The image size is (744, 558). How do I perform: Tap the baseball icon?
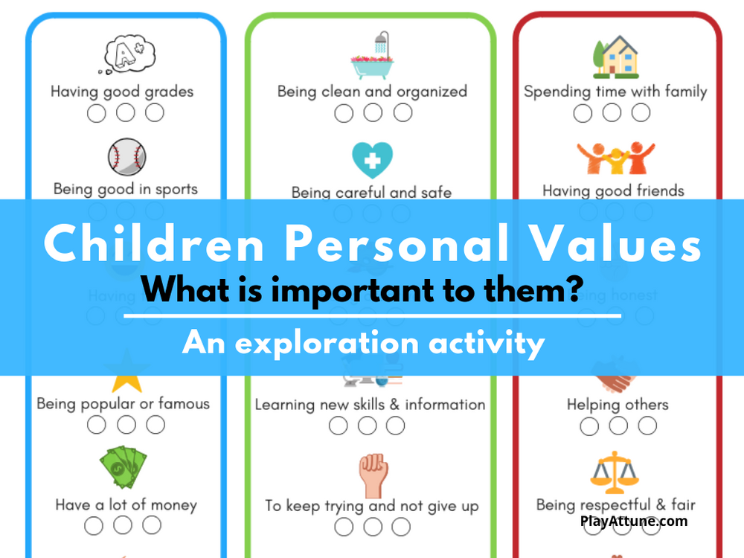126,156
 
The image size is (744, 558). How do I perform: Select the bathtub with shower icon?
372,57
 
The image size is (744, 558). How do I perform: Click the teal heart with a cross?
372,158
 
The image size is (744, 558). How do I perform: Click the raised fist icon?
372,474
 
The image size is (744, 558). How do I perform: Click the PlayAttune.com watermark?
634,522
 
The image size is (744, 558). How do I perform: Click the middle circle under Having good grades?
126,113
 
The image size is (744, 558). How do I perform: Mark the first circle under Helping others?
589,426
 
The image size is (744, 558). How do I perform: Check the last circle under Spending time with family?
641,112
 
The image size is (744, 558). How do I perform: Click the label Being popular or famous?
124,404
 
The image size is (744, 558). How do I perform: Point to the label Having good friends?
613,190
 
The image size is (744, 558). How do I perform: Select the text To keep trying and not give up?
372,506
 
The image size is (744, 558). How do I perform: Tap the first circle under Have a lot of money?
94,525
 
